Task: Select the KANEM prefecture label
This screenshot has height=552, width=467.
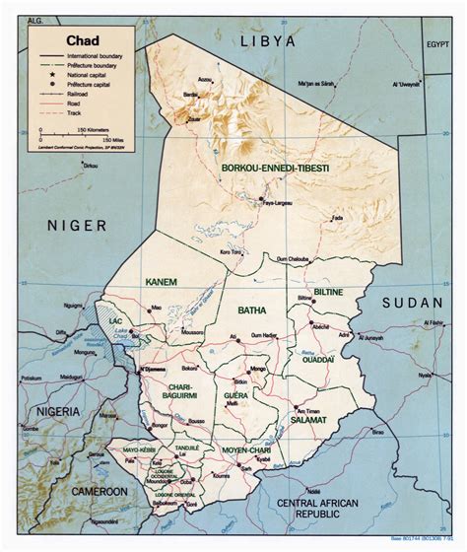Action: pyautogui.click(x=161, y=282)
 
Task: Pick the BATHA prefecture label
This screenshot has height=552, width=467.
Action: pyautogui.click(x=252, y=310)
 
